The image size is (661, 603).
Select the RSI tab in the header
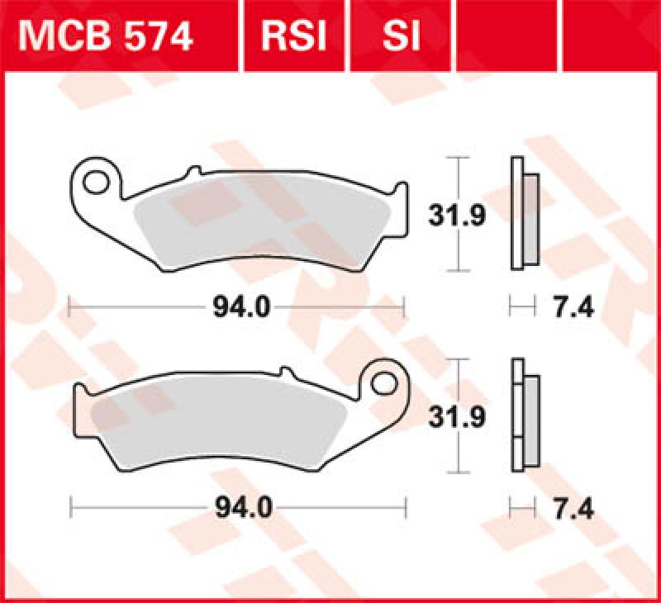pyautogui.click(x=293, y=36)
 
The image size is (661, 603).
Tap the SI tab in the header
pyautogui.click(x=402, y=36)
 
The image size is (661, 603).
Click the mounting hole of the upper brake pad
pyautogui.click(x=98, y=178)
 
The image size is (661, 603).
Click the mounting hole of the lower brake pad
pyautogui.click(x=383, y=382)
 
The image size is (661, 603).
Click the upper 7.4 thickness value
pyautogui.click(x=570, y=308)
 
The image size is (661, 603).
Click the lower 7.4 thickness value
pyautogui.click(x=570, y=508)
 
